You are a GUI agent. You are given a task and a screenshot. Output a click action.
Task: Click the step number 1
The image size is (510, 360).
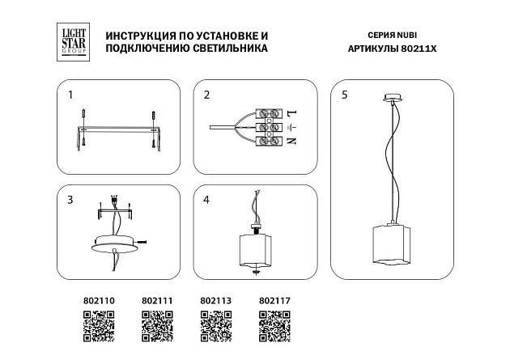70,95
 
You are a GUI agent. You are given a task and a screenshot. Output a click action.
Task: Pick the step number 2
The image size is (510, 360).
206,95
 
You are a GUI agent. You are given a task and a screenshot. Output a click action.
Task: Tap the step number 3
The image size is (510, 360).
70,199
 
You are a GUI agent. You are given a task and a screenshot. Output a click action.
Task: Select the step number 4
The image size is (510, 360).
206,199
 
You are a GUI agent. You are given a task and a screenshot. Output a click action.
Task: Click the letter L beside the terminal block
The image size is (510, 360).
292,112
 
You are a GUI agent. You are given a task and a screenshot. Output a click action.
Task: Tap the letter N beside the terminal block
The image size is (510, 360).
292,142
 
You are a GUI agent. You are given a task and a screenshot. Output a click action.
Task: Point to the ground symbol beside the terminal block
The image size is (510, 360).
292,127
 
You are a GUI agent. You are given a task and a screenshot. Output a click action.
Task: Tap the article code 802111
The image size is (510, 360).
157,300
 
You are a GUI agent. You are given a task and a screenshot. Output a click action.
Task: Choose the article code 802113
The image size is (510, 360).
215,300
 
